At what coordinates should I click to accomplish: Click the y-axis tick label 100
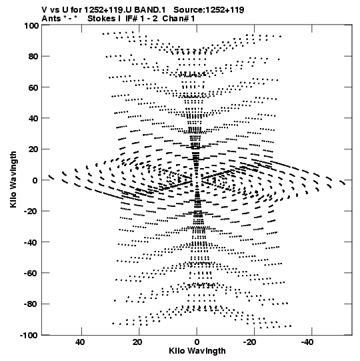pyautogui.click(x=31, y=25)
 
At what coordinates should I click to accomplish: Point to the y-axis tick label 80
pyautogui.click(x=33, y=57)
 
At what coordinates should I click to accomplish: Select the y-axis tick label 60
pyautogui.click(x=33, y=87)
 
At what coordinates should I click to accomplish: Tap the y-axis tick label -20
pyautogui.click(x=31, y=211)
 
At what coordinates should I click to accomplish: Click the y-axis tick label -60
pyautogui.click(x=31, y=273)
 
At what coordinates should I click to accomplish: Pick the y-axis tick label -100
pyautogui.click(x=29, y=335)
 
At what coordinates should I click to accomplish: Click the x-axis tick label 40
pyautogui.click(x=80, y=342)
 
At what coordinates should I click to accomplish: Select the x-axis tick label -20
pyautogui.click(x=249, y=342)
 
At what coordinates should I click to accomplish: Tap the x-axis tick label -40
pyautogui.click(x=307, y=342)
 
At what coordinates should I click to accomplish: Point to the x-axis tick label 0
pyautogui.click(x=197, y=342)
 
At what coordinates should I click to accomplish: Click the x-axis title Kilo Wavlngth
pyautogui.click(x=197, y=351)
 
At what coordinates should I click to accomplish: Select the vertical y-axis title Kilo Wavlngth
pyautogui.click(x=13, y=179)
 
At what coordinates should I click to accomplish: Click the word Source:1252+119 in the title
pyautogui.click(x=209, y=10)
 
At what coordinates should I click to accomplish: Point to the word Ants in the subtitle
pyautogui.click(x=51, y=19)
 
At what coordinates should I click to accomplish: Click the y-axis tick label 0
pyautogui.click(x=35, y=180)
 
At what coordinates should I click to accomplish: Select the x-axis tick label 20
pyautogui.click(x=137, y=342)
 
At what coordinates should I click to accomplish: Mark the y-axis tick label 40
pyautogui.click(x=33, y=118)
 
